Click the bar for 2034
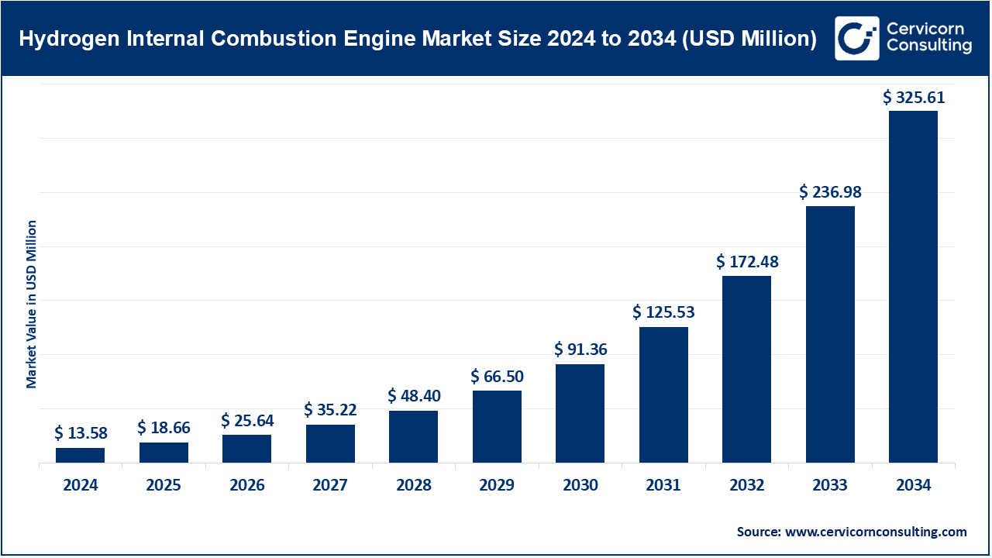click(913, 287)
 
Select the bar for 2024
click(80, 455)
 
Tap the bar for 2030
click(580, 413)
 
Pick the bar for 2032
click(746, 369)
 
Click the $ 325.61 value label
click(914, 98)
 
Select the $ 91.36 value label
click(580, 350)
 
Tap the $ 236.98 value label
click(830, 191)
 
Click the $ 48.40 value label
click(414, 397)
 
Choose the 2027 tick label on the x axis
click(330, 486)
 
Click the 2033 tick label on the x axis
click(830, 486)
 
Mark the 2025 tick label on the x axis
click(164, 486)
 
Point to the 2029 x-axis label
click(497, 486)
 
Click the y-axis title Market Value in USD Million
click(32, 304)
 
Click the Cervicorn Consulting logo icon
click(856, 38)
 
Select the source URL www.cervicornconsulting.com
click(876, 532)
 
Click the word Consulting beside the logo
click(930, 46)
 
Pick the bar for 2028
click(413, 436)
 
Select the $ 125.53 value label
click(663, 313)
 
